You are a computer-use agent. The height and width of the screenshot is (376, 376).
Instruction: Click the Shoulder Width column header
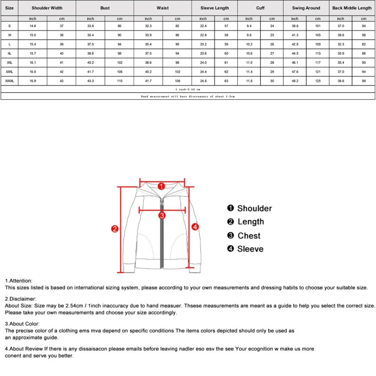[x=47, y=8]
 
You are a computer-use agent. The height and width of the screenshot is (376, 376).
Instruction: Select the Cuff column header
[x=260, y=8]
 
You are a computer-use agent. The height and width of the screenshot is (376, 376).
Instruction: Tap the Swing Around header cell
[x=306, y=8]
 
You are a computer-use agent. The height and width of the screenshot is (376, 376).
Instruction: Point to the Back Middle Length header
[x=352, y=8]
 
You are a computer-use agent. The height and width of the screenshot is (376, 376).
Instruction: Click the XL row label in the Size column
[x=10, y=53]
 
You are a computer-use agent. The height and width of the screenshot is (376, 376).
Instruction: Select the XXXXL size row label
[x=10, y=80]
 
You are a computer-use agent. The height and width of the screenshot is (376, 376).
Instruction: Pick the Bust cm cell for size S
[x=119, y=26]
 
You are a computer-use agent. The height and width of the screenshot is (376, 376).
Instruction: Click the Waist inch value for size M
[x=148, y=35]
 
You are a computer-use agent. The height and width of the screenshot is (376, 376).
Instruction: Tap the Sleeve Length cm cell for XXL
[x=226, y=62]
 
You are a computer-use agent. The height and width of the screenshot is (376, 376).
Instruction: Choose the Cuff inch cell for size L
[x=249, y=44]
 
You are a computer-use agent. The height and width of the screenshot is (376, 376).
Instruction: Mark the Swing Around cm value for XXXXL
[x=317, y=80]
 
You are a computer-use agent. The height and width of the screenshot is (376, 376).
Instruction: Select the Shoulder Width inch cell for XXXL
[x=33, y=71]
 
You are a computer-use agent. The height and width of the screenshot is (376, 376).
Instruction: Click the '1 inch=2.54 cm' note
[x=187, y=89]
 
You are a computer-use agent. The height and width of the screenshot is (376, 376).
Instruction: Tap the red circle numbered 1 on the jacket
[x=161, y=186]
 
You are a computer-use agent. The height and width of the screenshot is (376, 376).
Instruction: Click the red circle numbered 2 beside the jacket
[x=114, y=229]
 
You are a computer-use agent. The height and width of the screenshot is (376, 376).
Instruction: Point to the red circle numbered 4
[x=196, y=227]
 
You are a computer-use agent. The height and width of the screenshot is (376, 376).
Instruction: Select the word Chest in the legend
[x=249, y=236]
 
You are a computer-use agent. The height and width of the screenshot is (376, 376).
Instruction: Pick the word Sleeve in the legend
[x=250, y=249]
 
